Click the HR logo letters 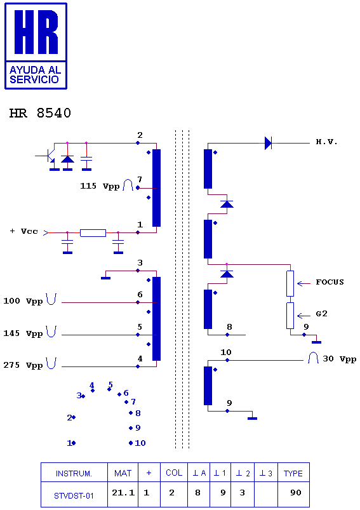pos(36,32)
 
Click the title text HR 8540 pos(40,113)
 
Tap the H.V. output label pos(326,142)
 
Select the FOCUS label pos(330,282)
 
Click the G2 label pos(321,314)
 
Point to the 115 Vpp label pos(100,186)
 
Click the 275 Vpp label pos(23,365)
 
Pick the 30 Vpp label pos(339,359)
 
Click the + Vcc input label pos(23,231)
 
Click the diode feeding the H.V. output pos(268,143)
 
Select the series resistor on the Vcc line pos(93,232)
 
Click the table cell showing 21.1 pos(123,493)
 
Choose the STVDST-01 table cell pos(74,495)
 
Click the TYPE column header pos(293,474)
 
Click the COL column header pos(174,473)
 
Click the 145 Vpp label pos(23,333)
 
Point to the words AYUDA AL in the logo pos(36,70)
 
